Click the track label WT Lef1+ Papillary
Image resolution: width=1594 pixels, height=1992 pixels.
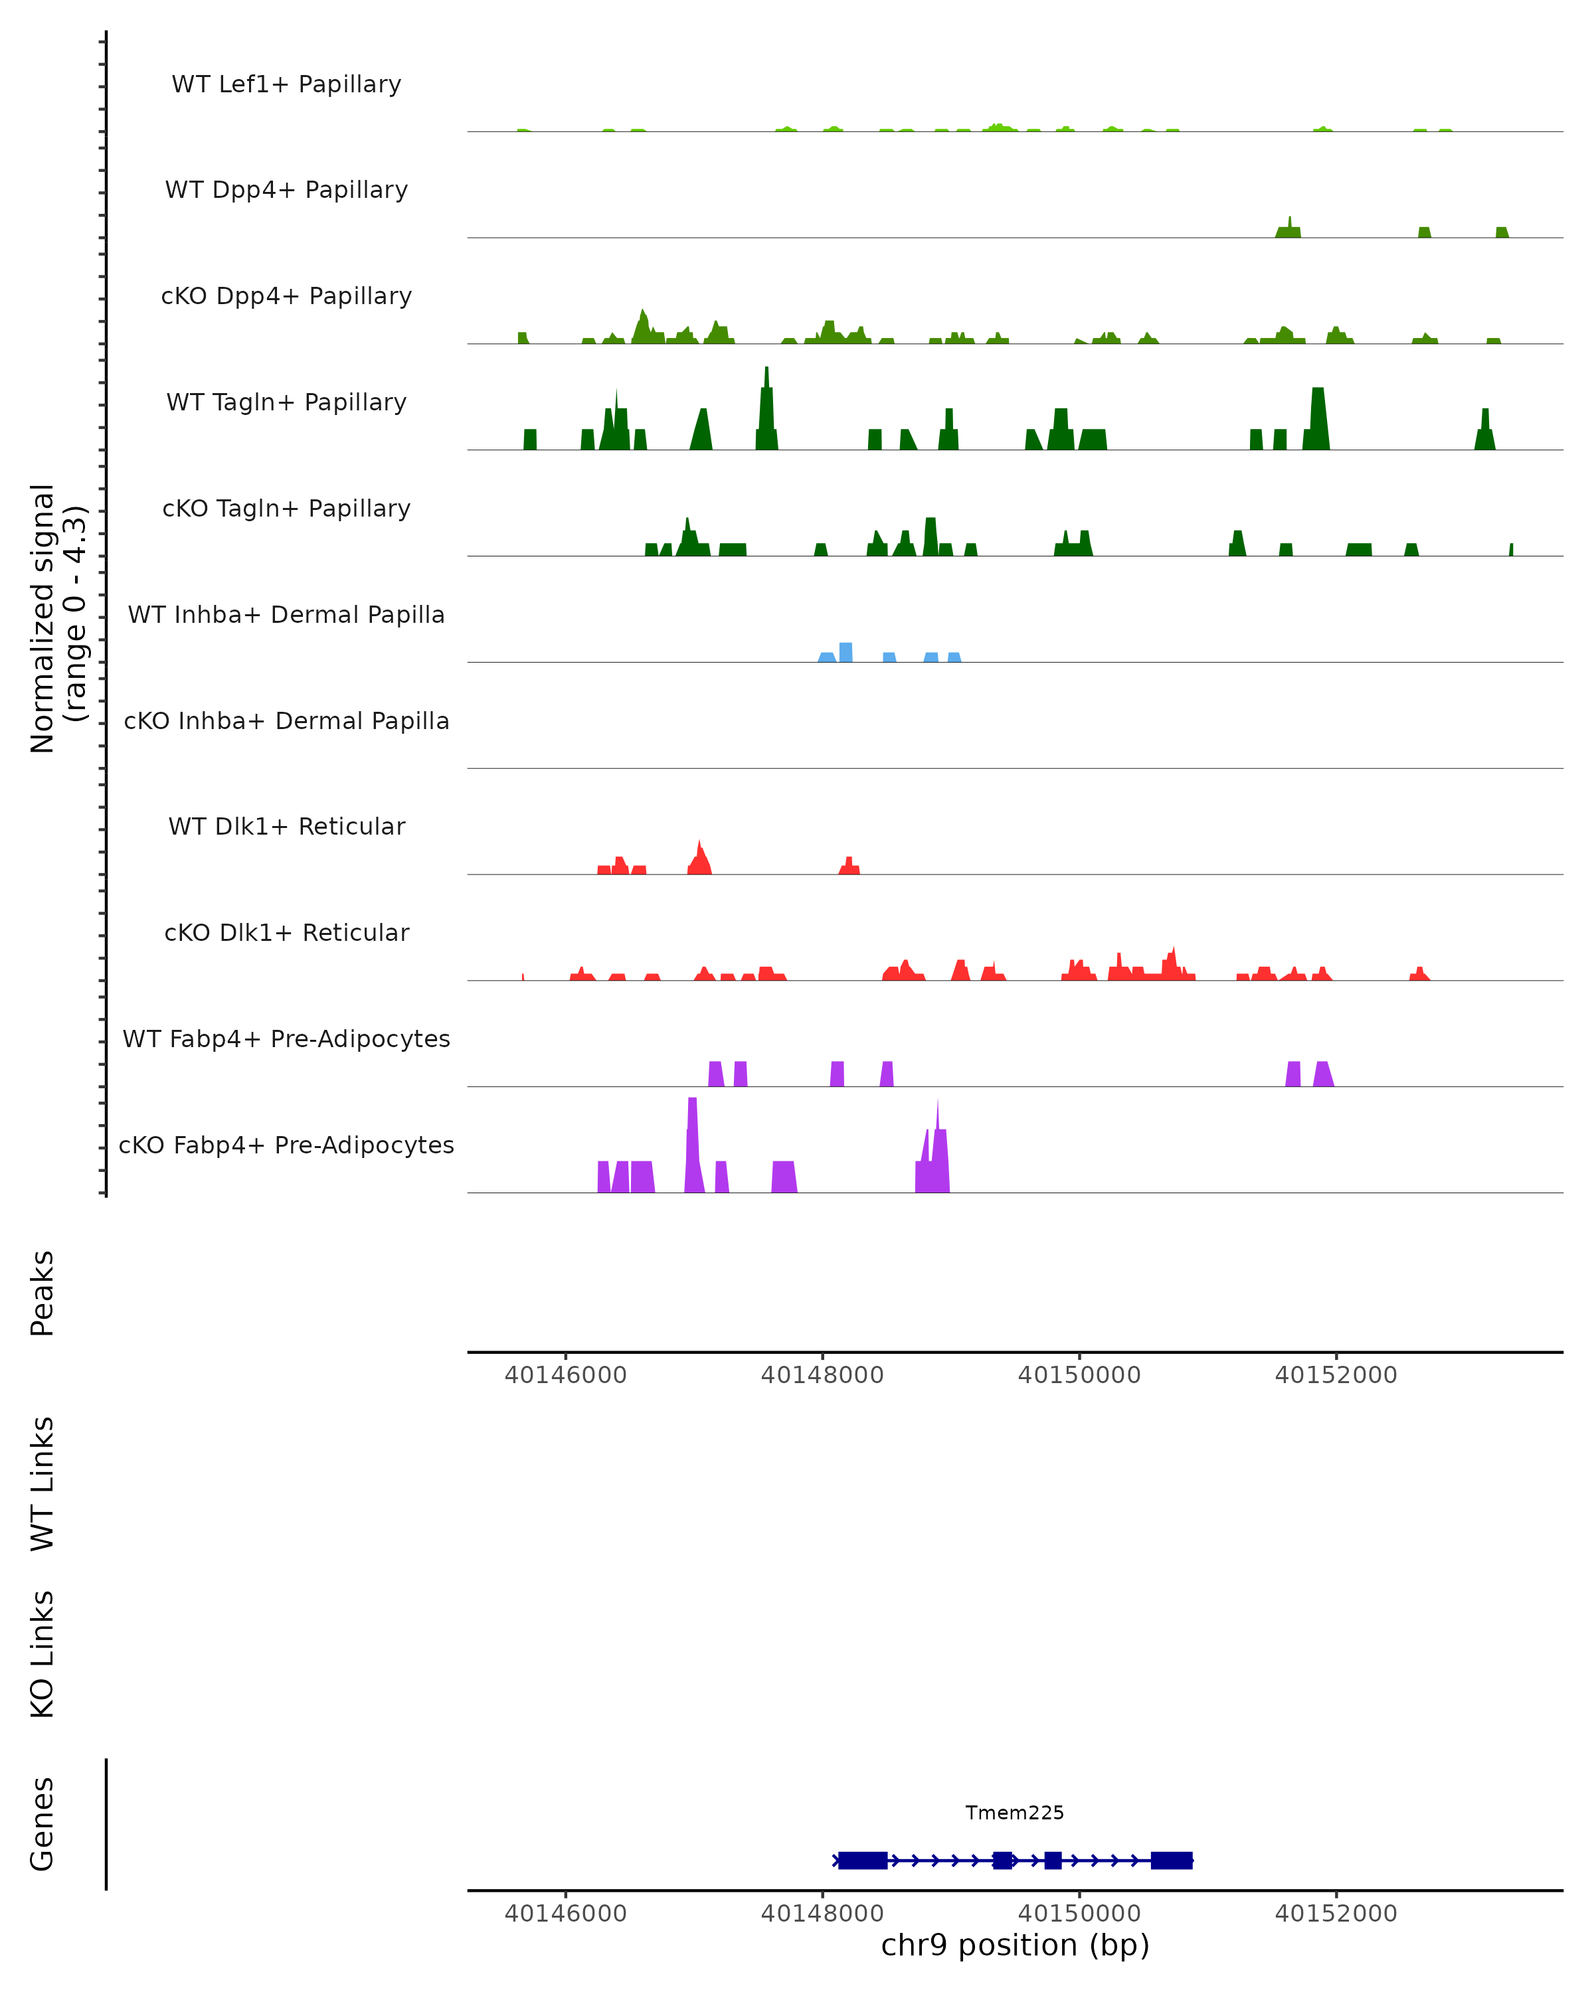(286, 84)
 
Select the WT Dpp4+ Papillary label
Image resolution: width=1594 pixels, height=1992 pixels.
(286, 191)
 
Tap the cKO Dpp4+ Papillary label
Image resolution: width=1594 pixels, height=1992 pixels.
(286, 297)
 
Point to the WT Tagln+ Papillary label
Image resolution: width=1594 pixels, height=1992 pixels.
(286, 403)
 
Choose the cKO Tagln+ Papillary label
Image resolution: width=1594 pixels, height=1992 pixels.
(286, 509)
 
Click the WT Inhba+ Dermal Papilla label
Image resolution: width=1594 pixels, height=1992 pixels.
(286, 616)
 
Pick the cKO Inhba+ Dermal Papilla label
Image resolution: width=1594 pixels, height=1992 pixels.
(286, 722)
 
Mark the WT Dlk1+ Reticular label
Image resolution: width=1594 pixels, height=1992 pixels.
(286, 827)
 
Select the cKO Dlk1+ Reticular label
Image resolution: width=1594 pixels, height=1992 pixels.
(286, 933)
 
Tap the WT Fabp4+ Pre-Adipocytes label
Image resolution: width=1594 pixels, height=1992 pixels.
(286, 1039)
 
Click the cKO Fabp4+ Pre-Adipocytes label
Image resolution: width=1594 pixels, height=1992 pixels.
(286, 1145)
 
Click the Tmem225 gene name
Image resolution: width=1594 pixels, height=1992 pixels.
(1015, 1813)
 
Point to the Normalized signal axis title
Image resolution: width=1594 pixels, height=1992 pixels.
(57, 619)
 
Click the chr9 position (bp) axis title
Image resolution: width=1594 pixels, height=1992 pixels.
(1015, 1945)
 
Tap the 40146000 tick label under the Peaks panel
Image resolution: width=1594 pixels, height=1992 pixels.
(565, 1375)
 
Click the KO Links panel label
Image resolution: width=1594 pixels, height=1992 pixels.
(43, 1654)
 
